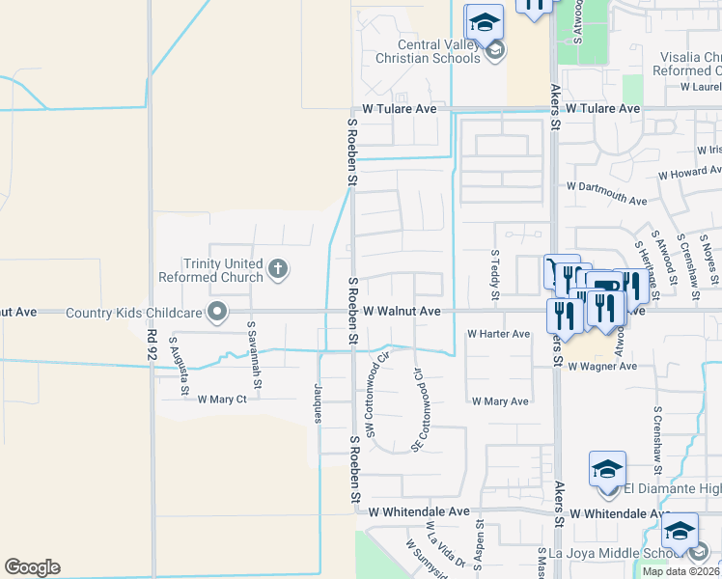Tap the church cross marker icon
pos(278,269)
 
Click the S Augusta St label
pos(178,356)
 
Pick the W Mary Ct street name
pos(222,400)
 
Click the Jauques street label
pos(318,401)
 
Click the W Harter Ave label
pos(498,334)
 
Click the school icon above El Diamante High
pos(607,470)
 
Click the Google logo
pos(32,567)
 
